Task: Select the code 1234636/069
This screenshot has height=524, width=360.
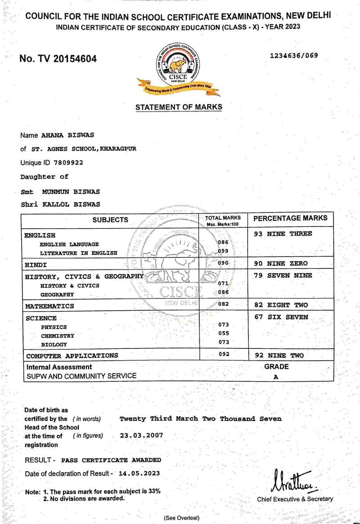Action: point(294,56)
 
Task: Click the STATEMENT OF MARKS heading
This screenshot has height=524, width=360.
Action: point(179,107)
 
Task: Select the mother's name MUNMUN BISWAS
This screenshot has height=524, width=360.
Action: point(71,191)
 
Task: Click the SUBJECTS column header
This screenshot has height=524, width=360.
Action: point(110,220)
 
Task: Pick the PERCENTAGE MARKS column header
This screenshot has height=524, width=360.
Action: point(291,218)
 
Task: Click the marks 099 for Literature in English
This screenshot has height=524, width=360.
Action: point(224,251)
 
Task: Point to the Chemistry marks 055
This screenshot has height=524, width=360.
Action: point(224,333)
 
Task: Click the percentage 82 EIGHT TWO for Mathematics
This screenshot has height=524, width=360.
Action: point(281,305)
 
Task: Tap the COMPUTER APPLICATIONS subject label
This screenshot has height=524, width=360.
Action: point(72,356)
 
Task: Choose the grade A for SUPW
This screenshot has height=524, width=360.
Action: point(276,377)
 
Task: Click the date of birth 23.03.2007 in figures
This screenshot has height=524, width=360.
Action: point(141,436)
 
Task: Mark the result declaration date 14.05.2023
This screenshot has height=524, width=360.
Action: point(139,474)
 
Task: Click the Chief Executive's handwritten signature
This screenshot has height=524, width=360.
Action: point(292,481)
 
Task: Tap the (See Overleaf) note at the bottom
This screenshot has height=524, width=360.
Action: point(181,518)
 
